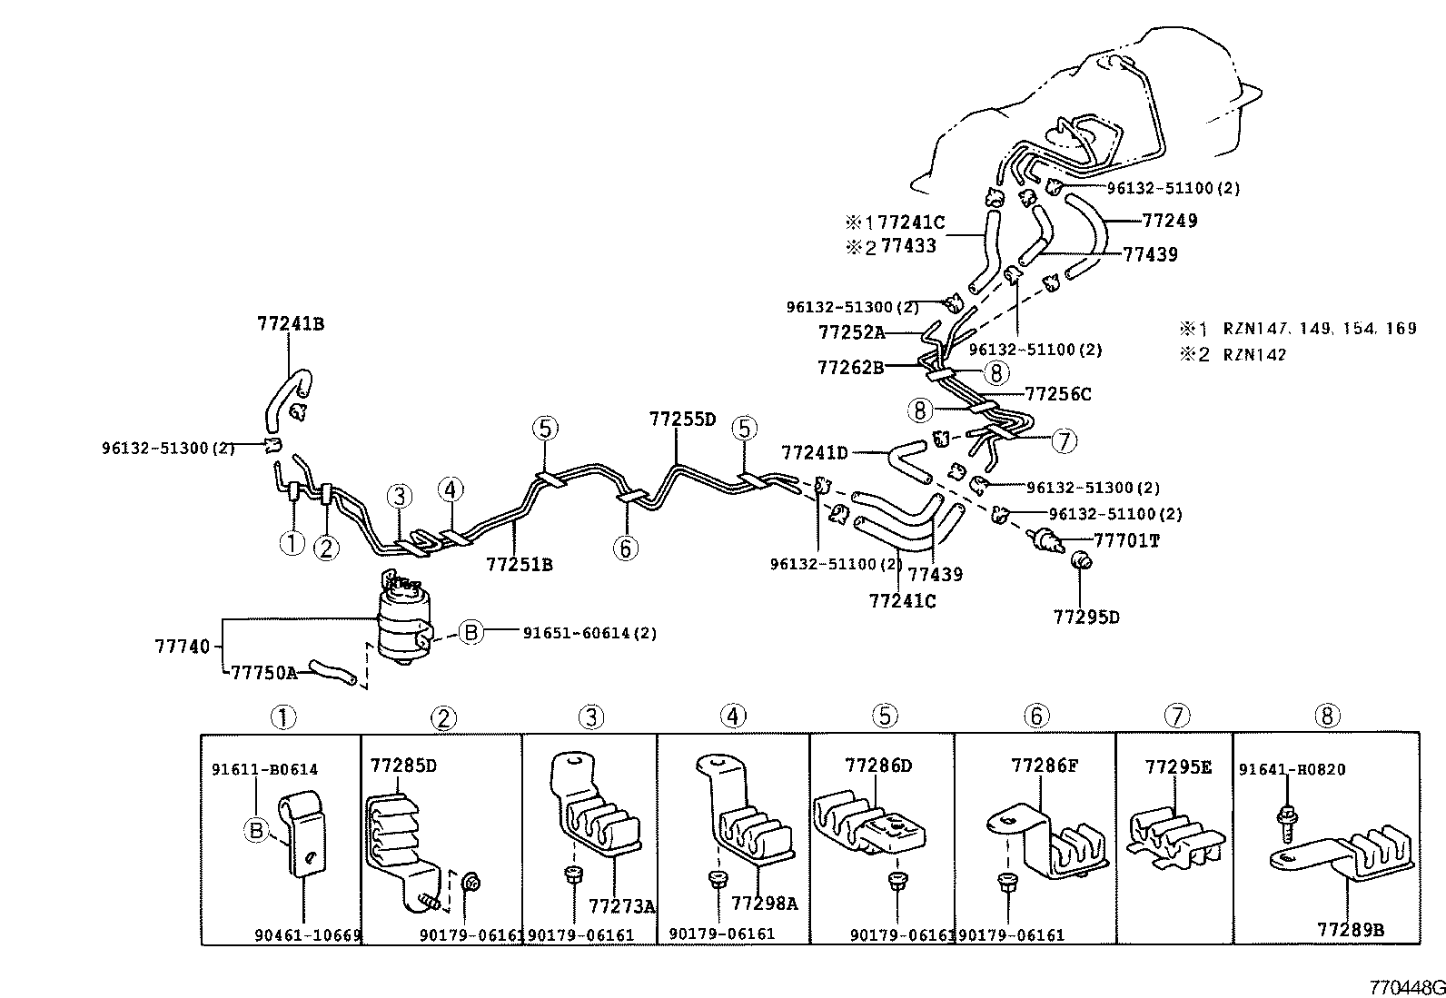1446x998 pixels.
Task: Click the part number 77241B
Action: tap(290, 322)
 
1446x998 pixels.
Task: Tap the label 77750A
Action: tap(263, 673)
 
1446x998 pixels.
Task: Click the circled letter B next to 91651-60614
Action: tap(470, 633)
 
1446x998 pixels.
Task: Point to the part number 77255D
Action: tap(682, 420)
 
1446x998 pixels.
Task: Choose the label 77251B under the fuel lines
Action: tap(519, 564)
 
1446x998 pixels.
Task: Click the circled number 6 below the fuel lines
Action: tap(625, 548)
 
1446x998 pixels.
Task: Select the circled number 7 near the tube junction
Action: tap(1064, 441)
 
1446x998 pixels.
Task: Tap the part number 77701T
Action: tap(1126, 540)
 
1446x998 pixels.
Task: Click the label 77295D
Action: tap(1086, 617)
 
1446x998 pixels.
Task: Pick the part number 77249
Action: tap(1169, 220)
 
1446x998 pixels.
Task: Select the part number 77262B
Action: tap(850, 367)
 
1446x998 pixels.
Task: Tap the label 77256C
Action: tap(1058, 393)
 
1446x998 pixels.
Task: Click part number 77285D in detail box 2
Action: tap(403, 765)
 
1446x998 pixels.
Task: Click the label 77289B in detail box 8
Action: tap(1351, 929)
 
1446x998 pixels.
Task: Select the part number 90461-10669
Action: tap(307, 934)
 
